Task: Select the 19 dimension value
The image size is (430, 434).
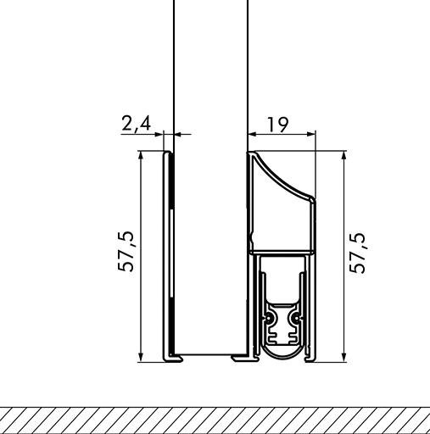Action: click(276, 124)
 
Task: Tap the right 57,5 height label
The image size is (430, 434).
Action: click(359, 253)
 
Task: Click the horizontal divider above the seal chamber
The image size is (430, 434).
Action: click(282, 252)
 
